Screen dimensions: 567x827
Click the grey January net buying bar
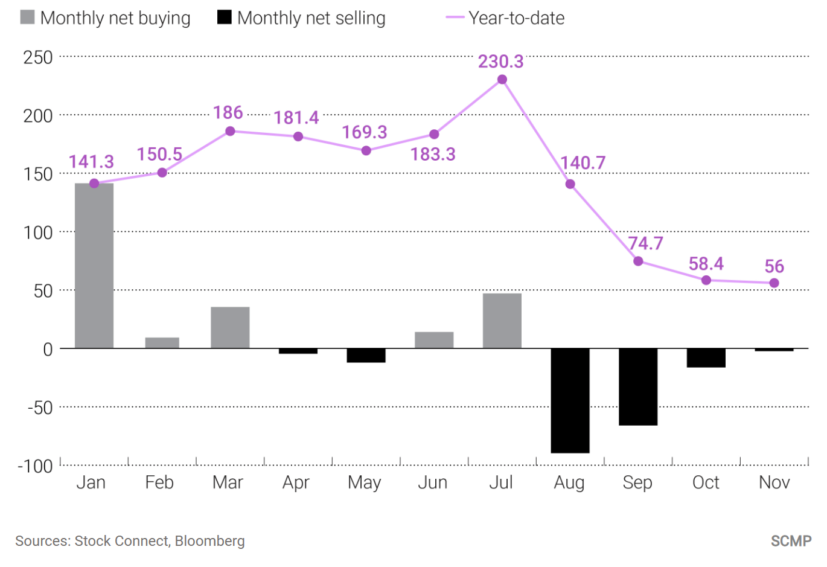(x=94, y=266)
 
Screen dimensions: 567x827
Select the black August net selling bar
(x=570, y=400)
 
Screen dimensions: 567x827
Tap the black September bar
(x=638, y=386)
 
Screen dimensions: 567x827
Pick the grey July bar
(x=502, y=321)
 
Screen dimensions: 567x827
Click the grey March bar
(x=230, y=327)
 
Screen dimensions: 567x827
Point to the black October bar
(x=706, y=357)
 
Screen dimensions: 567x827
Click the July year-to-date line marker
(x=502, y=80)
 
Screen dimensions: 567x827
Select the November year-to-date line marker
(x=774, y=283)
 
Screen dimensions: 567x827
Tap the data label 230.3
(x=501, y=62)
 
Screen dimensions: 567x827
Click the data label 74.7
(x=645, y=243)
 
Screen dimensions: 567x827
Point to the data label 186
(x=228, y=113)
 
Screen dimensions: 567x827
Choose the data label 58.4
(x=706, y=264)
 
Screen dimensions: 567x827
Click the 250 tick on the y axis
(x=38, y=57)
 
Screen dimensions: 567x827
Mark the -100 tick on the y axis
(x=35, y=466)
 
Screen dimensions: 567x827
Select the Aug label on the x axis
(x=569, y=482)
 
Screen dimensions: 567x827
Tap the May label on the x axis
(x=365, y=482)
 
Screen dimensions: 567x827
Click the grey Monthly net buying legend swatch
(x=27, y=18)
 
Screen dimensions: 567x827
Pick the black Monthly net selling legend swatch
(x=225, y=18)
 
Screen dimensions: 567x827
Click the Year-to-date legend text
(x=517, y=18)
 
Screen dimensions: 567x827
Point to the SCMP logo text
(x=791, y=540)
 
